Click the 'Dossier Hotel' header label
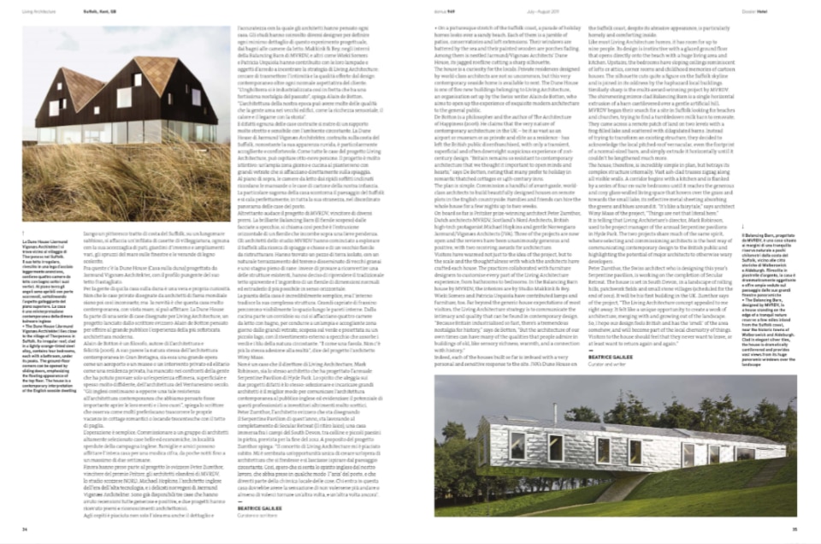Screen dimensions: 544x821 [771, 11]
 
